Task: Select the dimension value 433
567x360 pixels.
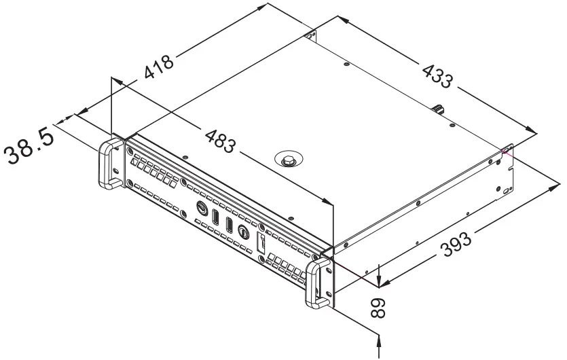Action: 437,75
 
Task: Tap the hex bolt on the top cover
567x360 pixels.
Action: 289,160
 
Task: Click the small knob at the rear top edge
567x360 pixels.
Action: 439,109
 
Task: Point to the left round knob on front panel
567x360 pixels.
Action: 202,208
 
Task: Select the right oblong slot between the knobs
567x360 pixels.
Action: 230,224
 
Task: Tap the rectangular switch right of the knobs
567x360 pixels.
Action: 260,244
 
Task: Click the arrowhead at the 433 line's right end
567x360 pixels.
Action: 531,131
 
